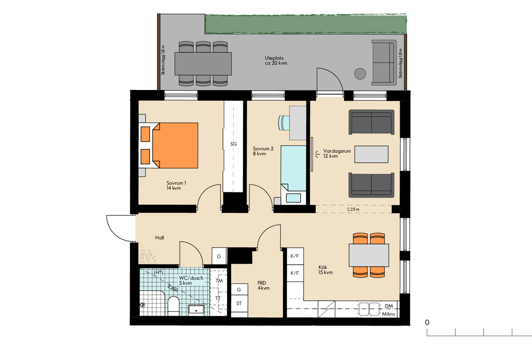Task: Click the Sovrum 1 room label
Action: click(x=176, y=185)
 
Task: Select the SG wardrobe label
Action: click(x=234, y=144)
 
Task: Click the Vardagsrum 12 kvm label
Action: click(x=337, y=153)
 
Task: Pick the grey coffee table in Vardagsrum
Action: click(x=372, y=154)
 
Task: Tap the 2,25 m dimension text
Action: click(x=353, y=209)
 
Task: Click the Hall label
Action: click(x=160, y=238)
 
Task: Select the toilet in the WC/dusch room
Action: click(x=173, y=305)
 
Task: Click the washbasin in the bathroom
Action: click(x=196, y=309)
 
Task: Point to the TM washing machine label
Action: click(x=219, y=281)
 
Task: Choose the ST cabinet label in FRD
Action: click(x=239, y=303)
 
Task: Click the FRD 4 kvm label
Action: click(x=263, y=286)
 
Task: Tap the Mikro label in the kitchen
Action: click(x=388, y=314)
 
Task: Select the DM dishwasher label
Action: click(x=389, y=306)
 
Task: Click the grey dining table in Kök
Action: click(x=369, y=255)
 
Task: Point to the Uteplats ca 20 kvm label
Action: click(x=276, y=61)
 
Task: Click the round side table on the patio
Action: click(x=360, y=74)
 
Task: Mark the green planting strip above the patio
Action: click(x=305, y=24)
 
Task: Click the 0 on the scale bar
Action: click(x=427, y=322)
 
